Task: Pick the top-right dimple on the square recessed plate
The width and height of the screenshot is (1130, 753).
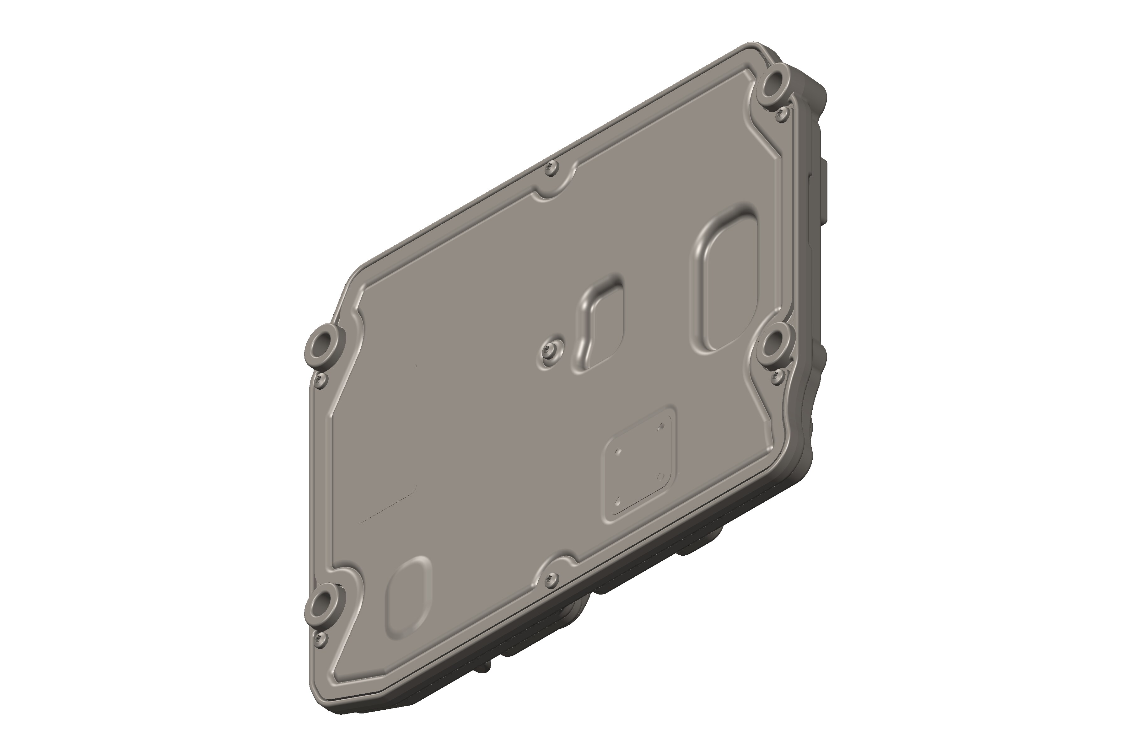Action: [x=662, y=426]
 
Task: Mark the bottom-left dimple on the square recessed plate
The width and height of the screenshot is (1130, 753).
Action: [x=619, y=500]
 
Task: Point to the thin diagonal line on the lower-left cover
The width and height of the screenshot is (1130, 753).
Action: [x=389, y=504]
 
